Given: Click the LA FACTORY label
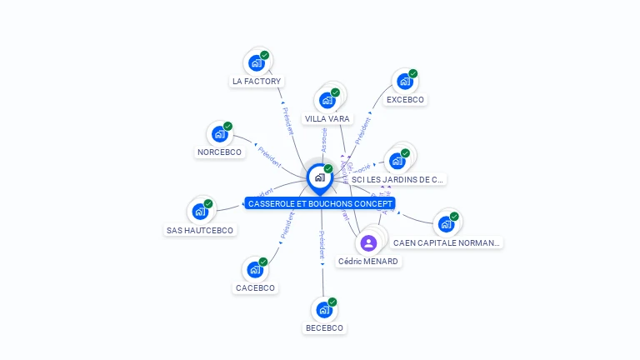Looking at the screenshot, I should pos(257,82).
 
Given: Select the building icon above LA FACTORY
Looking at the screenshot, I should pos(257,62).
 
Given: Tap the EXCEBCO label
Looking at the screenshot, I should pos(405,100).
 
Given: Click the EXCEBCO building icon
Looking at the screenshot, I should pos(405,82).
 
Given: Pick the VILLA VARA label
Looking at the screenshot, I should pos(327,119).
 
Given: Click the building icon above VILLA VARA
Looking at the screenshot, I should pos(327,100).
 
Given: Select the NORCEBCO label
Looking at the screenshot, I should pos(219,152).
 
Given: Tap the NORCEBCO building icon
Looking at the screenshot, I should pos(220,133).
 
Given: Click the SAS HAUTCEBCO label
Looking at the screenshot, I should pos(200,230).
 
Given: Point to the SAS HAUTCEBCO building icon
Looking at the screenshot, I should pos(200,211).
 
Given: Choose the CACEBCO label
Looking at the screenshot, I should pos(255,288).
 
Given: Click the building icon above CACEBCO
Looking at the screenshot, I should pos(255,269).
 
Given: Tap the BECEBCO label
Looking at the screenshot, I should pos(324,328).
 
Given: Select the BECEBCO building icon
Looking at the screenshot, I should pos(324,309).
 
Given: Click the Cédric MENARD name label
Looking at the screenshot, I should pos(368,262).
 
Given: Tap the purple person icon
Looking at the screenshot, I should pos(368,242).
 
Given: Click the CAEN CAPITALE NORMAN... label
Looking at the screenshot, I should pos(447,243).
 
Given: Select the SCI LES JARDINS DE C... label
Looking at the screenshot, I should pos(397,179).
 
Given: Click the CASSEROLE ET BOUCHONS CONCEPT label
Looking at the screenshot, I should pos(321,203).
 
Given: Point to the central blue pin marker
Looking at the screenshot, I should pos(319,177).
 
